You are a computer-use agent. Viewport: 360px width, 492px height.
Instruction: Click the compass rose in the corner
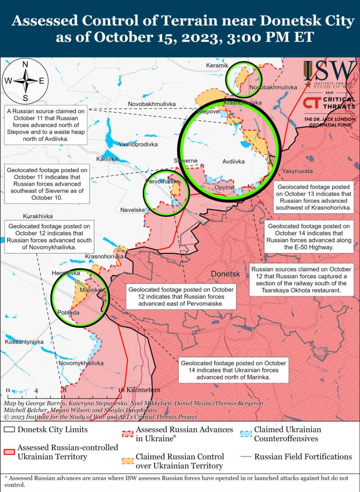25,81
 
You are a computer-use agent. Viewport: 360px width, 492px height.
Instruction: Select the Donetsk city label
226,274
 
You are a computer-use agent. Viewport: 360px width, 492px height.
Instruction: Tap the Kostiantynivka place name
24,342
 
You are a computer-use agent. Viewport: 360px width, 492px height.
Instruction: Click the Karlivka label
107,159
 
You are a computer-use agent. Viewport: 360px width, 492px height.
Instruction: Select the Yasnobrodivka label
138,144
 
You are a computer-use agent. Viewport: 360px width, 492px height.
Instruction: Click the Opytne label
224,187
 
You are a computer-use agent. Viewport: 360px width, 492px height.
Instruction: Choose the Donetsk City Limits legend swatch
9,429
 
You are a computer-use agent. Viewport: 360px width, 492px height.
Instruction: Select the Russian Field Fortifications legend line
246,457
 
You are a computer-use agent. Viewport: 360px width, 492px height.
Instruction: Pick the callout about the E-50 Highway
302,237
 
